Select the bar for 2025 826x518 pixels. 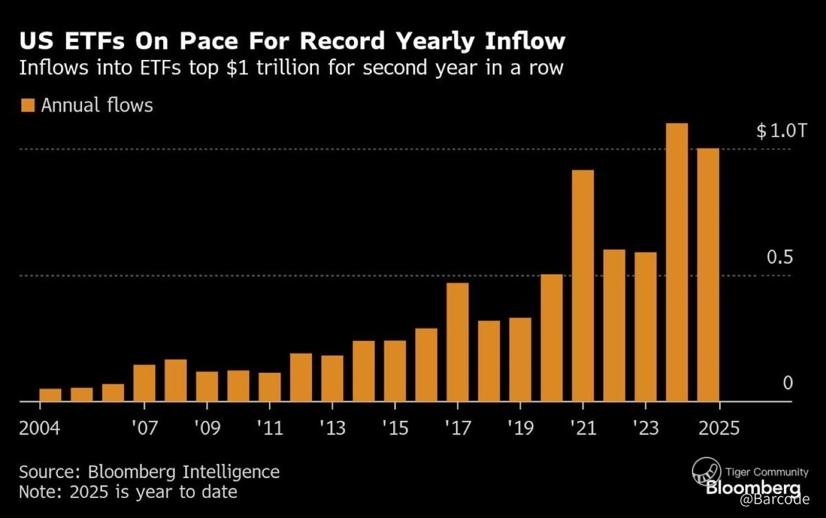[708, 274]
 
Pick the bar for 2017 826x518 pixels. [457, 342]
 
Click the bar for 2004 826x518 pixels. [51, 395]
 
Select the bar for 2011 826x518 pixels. [269, 387]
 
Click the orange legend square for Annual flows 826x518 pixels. [27, 105]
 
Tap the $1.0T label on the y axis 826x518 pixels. [781, 131]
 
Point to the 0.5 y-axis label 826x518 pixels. [779, 257]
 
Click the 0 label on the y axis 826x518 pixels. [787, 383]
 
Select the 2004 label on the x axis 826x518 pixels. [39, 428]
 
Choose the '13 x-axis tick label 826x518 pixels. [332, 428]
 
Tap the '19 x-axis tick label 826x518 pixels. [520, 428]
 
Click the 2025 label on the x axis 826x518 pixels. [719, 428]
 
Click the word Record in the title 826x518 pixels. [342, 41]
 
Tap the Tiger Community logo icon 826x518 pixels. [705, 470]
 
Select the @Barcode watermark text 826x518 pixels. [774, 499]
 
